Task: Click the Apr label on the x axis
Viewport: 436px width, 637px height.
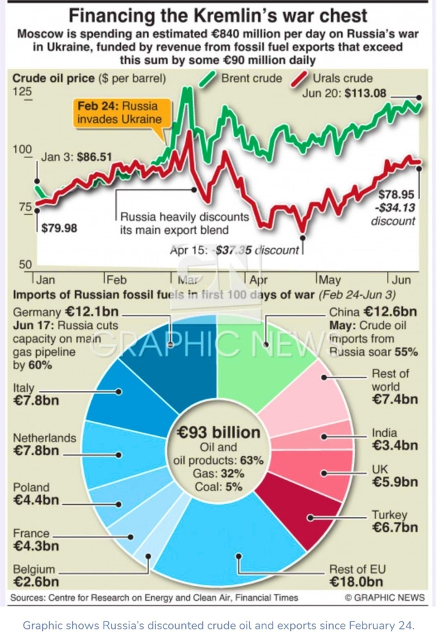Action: [x=259, y=280]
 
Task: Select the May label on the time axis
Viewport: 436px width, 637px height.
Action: [x=330, y=280]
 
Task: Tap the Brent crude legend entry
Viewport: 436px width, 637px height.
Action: [x=251, y=78]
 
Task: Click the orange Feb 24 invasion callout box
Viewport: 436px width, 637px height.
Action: [x=120, y=112]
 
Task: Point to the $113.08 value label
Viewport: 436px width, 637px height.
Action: [x=390, y=93]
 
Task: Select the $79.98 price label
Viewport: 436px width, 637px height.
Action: [x=59, y=228]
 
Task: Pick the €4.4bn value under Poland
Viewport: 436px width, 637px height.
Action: [x=36, y=501]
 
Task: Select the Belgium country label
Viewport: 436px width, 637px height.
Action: [x=35, y=570]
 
